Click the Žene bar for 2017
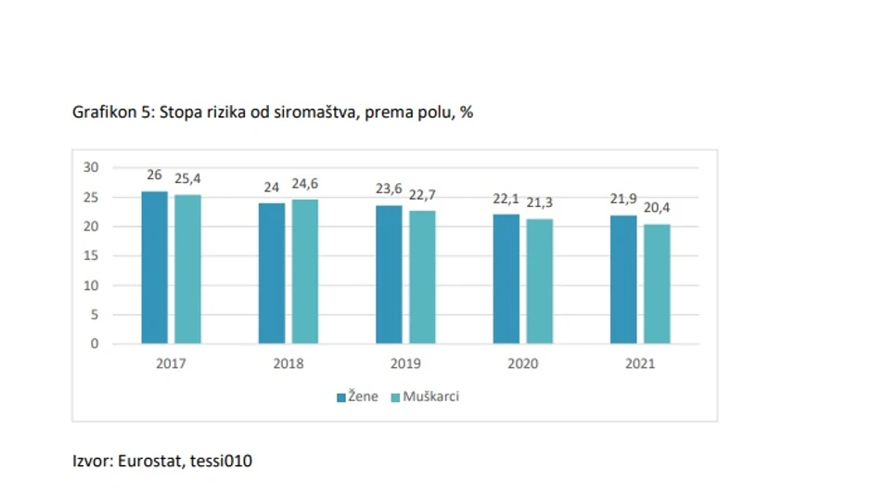click(154, 267)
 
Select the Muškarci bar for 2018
click(304, 271)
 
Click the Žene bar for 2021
click(623, 280)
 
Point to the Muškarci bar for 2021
click(657, 283)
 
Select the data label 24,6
click(304, 184)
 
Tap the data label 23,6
click(389, 189)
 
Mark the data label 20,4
click(657, 207)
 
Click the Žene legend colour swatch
click(341, 397)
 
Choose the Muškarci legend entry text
click(430, 397)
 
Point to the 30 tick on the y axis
click(91, 167)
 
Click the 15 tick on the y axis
click(91, 255)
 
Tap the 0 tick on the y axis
click(95, 344)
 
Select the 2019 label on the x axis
click(405, 363)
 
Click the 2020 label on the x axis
click(522, 363)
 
